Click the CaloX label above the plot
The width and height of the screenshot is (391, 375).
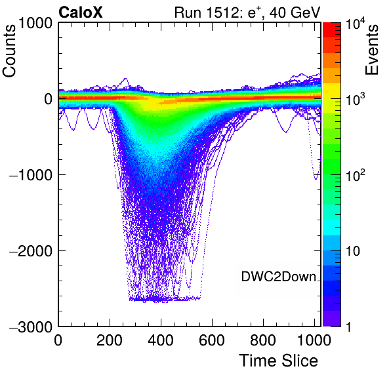click(x=81, y=12)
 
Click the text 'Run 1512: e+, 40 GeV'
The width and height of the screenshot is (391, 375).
click(x=247, y=12)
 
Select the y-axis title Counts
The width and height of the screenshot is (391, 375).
click(x=9, y=51)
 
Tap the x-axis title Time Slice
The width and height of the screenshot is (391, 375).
click(x=279, y=361)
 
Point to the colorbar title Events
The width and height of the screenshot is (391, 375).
click(x=371, y=50)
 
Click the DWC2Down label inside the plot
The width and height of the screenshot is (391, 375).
click(x=279, y=277)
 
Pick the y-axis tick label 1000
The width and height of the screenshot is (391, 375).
click(x=35, y=24)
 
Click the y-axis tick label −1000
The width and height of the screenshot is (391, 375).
click(x=31, y=175)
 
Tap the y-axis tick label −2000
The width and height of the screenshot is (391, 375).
click(x=31, y=250)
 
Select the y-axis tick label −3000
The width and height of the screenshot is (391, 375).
click(x=31, y=326)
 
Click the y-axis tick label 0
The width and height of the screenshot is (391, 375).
click(x=48, y=99)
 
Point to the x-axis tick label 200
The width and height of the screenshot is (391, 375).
click(x=110, y=340)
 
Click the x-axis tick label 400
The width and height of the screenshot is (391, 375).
click(x=161, y=340)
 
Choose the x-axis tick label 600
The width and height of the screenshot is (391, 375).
click(x=212, y=340)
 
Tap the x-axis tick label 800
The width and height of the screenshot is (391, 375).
click(x=263, y=340)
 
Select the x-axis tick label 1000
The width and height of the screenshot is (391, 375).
click(x=314, y=340)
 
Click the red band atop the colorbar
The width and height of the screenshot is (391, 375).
click(x=332, y=30)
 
